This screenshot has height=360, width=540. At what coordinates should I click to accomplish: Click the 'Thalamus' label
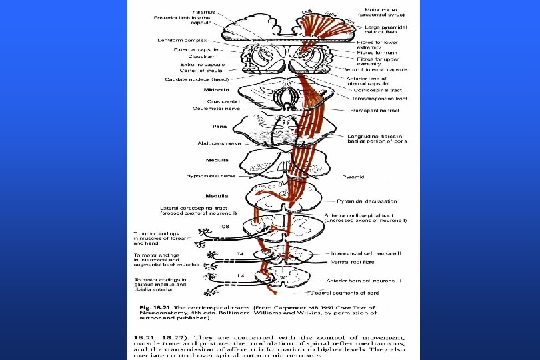tap(174, 11)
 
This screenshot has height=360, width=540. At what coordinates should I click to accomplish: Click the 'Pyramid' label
tap(353, 177)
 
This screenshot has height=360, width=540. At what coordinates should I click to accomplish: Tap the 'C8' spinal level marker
tap(226, 227)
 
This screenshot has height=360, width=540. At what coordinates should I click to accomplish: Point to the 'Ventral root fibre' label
tap(348, 261)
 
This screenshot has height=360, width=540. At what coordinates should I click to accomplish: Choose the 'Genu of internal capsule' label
tap(374, 69)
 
